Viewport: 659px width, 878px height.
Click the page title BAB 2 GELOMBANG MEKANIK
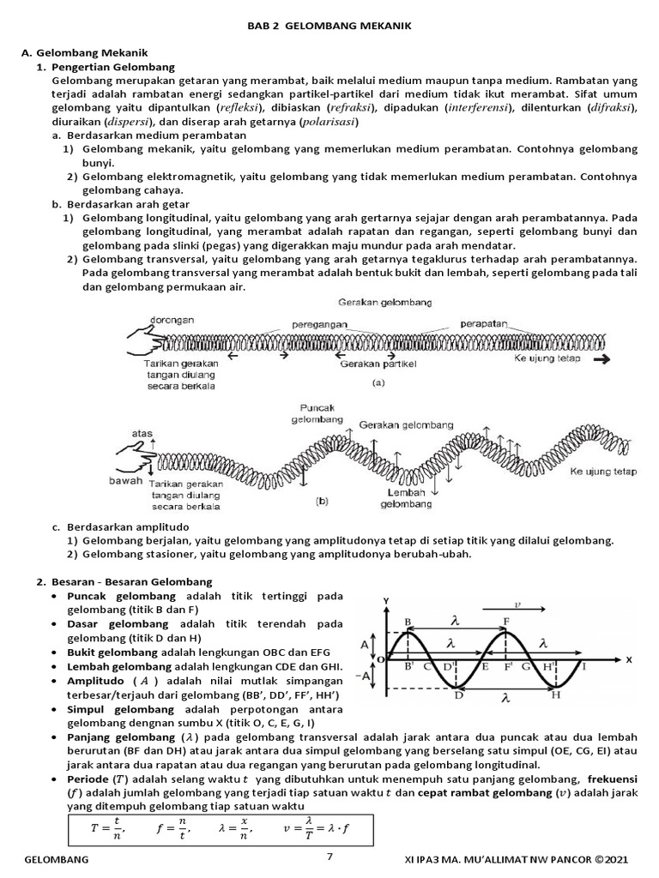point(329,27)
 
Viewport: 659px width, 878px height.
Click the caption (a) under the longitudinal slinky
point(378,384)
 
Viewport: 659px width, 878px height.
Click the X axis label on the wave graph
point(628,660)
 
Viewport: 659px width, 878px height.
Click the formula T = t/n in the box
point(107,828)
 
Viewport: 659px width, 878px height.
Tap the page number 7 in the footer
point(329,857)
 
